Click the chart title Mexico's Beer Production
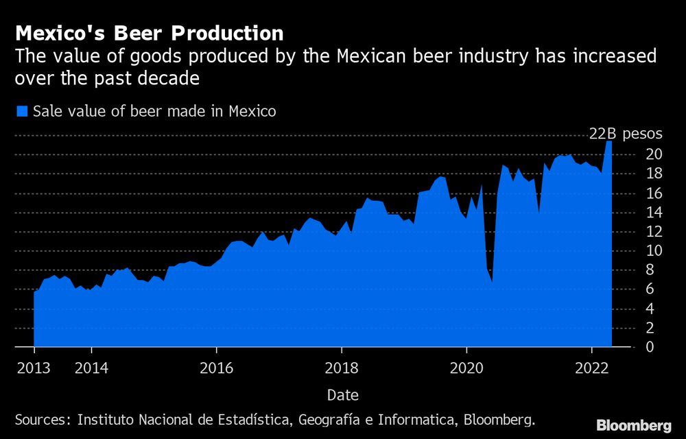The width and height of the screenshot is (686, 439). [x=149, y=33]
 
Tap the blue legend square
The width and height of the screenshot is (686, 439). [x=21, y=111]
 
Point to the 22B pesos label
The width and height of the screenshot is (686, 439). [x=626, y=134]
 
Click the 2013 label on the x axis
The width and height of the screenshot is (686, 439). [x=34, y=368]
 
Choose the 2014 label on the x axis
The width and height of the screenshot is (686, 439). [x=92, y=368]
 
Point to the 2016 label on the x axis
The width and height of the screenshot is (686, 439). [x=217, y=368]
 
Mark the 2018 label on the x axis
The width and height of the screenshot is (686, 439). [x=342, y=368]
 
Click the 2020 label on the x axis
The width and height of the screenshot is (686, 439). [x=466, y=368]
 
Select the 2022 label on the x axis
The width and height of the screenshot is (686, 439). [x=591, y=368]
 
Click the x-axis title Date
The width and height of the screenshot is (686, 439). [x=342, y=395]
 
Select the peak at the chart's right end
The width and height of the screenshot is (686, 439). [x=608, y=141]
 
